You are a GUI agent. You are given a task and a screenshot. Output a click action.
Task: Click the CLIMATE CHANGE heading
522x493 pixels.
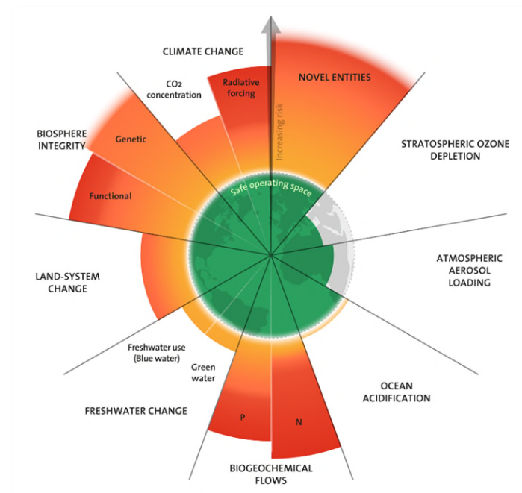click(203, 51)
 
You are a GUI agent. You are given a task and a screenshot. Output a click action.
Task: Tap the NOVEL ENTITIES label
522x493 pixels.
click(334, 77)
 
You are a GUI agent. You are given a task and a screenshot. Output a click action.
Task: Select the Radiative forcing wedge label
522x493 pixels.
click(239, 88)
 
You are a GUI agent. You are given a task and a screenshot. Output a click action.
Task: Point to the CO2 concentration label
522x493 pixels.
click(174, 89)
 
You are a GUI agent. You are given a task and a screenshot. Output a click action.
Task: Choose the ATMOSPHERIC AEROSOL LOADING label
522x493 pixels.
click(469, 270)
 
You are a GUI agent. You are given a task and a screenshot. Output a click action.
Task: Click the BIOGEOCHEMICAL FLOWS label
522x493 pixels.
click(270, 474)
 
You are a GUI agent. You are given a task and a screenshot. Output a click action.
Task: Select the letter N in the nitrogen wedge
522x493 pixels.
click(299, 422)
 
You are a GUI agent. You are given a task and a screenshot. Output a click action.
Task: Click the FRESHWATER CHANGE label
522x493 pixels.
click(136, 410)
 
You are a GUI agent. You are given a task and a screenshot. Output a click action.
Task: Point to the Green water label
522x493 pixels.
click(203, 372)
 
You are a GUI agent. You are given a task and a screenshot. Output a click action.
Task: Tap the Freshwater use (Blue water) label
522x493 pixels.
click(156, 352)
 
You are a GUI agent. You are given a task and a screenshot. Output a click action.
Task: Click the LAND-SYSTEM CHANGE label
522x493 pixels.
click(67, 282)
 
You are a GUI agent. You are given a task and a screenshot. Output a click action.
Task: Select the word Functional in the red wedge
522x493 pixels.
click(110, 196)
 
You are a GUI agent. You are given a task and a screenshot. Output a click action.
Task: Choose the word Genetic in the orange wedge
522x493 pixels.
click(131, 139)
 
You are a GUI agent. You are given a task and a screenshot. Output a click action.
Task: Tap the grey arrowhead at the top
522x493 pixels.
click(270, 22)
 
